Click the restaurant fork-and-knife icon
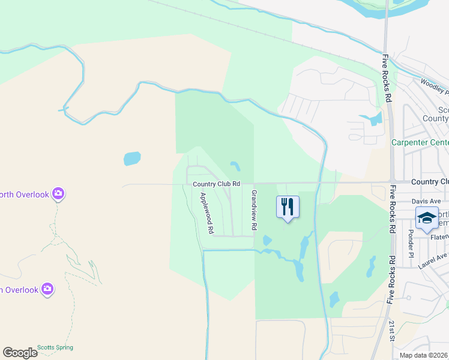point(288,207)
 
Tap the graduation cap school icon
point(427,218)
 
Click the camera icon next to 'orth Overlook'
point(58,193)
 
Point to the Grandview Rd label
point(254,210)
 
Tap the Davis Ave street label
point(426,201)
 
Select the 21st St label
point(392,331)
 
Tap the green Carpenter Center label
point(420,142)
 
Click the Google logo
point(20,353)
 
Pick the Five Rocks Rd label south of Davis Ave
point(391,278)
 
